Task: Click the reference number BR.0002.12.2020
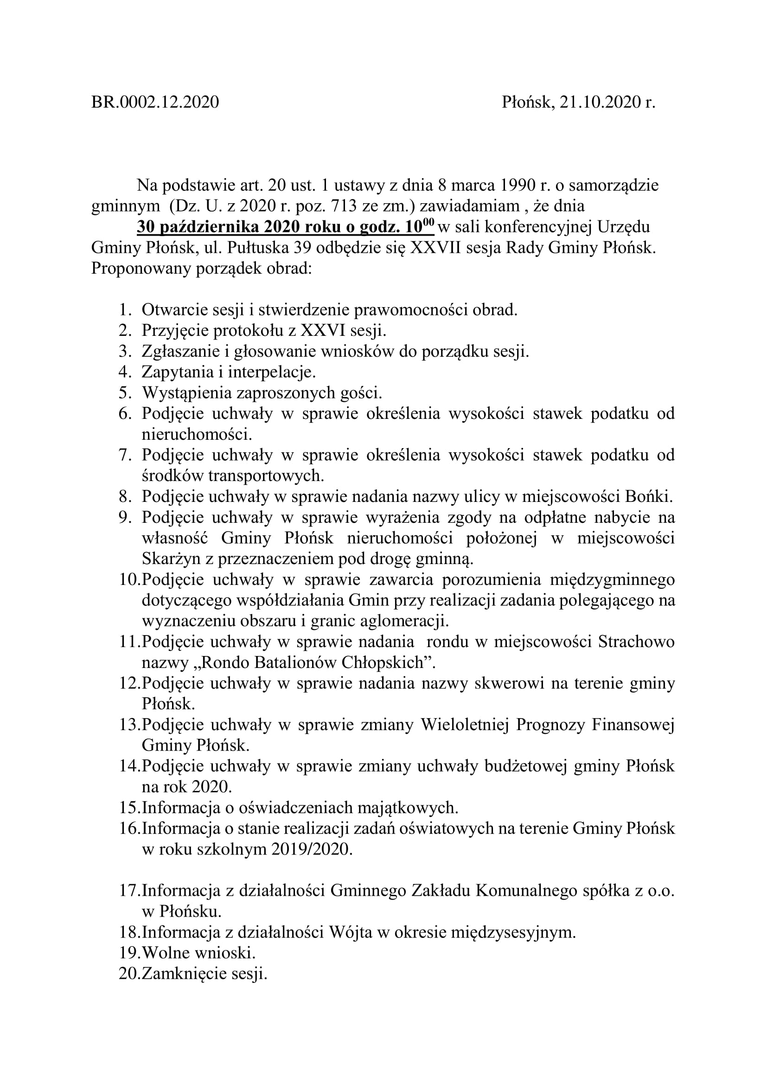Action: tap(155, 102)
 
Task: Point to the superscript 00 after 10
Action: tap(428, 222)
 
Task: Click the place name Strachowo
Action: tap(636, 642)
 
